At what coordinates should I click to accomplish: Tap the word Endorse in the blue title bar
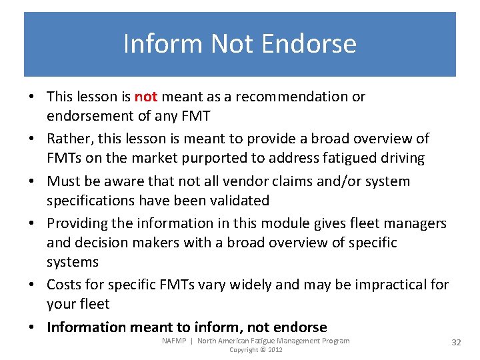point(309,44)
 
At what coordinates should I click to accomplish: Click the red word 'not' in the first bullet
point(145,97)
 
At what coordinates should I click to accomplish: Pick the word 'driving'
point(400,158)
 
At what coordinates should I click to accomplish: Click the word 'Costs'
point(64,285)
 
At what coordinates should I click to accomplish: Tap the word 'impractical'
point(387,285)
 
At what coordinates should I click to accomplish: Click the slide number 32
point(456,342)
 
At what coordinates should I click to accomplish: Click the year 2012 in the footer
point(275,349)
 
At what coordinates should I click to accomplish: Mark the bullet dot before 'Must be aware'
point(32,182)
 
